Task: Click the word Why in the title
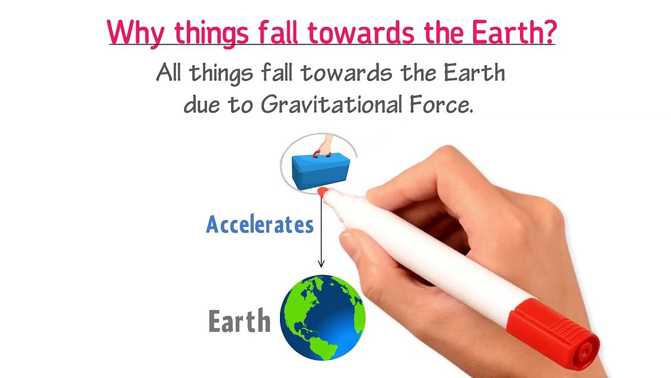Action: coord(135,33)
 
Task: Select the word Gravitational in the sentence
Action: coord(331,104)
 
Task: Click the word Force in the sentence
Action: coord(441,104)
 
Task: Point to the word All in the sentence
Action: coord(168,72)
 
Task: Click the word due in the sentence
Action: coord(201,104)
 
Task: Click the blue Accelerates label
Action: coord(259,224)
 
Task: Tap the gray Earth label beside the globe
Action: coord(240,321)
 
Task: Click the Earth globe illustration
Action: coord(322,318)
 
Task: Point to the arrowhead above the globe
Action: coord(321,264)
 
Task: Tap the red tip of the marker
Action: coord(322,192)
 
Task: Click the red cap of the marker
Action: coord(553,331)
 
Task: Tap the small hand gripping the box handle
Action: coord(326,145)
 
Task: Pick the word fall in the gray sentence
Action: coord(276,72)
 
